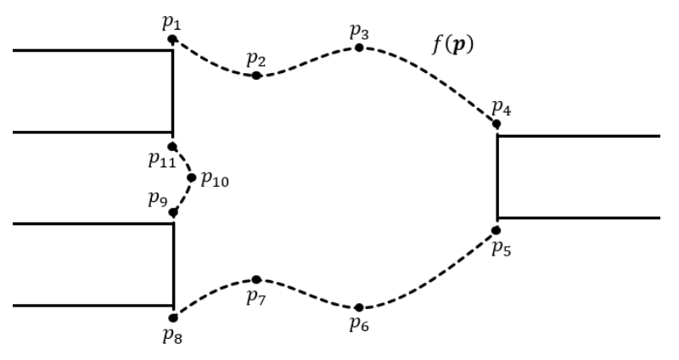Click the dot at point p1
click(x=172, y=39)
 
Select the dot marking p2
click(x=256, y=76)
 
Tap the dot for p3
click(x=359, y=48)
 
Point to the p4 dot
click(x=497, y=124)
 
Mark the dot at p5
click(x=497, y=230)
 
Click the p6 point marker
click(x=359, y=307)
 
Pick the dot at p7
click(x=256, y=279)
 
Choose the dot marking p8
click(x=172, y=317)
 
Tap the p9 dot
click(x=172, y=211)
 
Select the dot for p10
click(x=192, y=177)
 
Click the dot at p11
click(x=172, y=146)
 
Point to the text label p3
click(x=359, y=32)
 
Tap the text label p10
click(x=214, y=180)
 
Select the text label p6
click(x=359, y=323)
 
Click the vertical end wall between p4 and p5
click(x=497, y=177)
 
